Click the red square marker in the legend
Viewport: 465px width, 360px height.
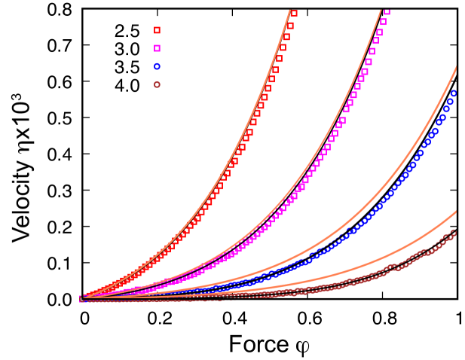[x=157, y=30]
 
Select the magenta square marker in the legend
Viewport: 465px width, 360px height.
[x=157, y=48]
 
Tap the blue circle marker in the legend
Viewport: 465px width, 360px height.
[x=157, y=66]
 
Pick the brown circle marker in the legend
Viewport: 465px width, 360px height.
[x=157, y=84]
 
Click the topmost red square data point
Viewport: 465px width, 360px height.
[x=294, y=14]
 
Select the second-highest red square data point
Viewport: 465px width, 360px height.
[x=290, y=26]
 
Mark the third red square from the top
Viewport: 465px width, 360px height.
[x=286, y=36]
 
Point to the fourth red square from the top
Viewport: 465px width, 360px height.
[x=283, y=47]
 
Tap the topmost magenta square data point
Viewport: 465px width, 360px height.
[x=387, y=11]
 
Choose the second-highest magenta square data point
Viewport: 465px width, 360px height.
[x=383, y=22]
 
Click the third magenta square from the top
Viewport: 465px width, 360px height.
[x=379, y=32]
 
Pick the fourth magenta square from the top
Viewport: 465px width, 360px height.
[x=375, y=41]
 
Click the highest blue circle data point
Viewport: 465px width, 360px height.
[x=454, y=93]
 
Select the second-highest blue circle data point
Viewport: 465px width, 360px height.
[x=450, y=102]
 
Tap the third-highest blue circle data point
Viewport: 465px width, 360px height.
[x=446, y=109]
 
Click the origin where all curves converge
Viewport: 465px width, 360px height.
[x=81, y=299]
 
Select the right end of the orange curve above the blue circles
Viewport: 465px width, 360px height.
[x=457, y=68]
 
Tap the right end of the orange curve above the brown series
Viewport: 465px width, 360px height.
[x=457, y=211]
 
